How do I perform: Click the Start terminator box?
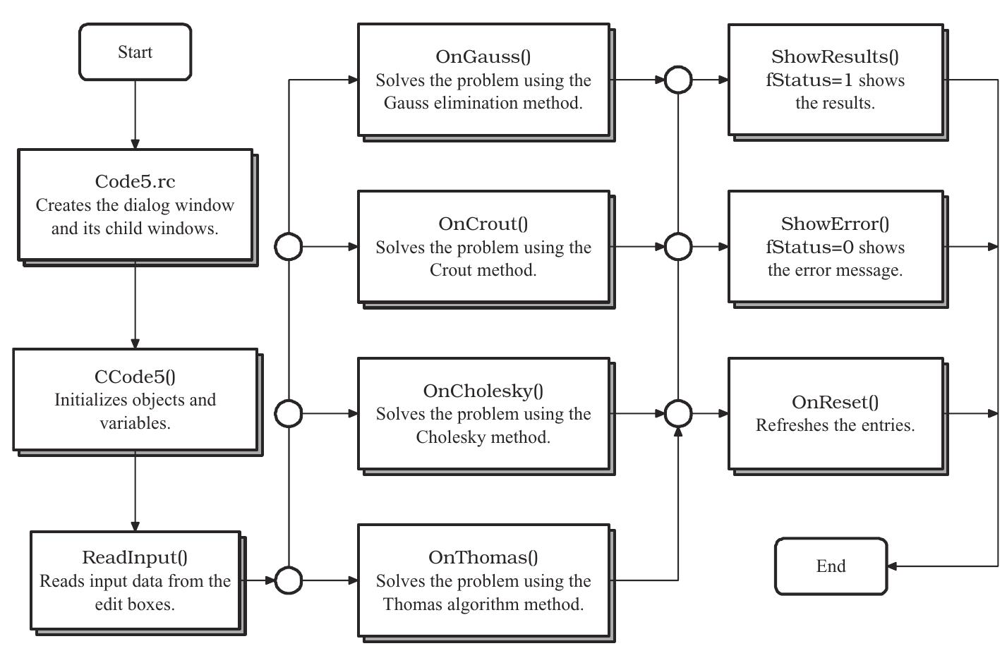[x=135, y=52]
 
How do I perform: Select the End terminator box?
[x=831, y=566]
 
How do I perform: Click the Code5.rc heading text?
[x=135, y=182]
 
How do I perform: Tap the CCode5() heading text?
[x=135, y=377]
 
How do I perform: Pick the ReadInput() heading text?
[x=135, y=558]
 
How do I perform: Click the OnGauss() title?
[x=483, y=57]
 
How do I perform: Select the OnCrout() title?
[x=483, y=224]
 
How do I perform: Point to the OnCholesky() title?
[x=483, y=391]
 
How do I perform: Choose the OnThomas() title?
[x=483, y=558]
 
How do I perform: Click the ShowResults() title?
[x=835, y=57]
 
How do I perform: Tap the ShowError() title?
[x=835, y=224]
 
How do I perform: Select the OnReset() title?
[x=835, y=403]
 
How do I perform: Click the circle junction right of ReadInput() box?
[x=288, y=580]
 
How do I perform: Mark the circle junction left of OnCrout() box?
[x=288, y=247]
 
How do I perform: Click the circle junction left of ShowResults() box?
[x=678, y=80]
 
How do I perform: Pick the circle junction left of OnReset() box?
[x=678, y=413]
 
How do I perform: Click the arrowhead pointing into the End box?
[x=892, y=566]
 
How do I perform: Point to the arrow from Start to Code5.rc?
[x=135, y=113]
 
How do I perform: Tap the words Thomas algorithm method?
[x=483, y=604]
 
